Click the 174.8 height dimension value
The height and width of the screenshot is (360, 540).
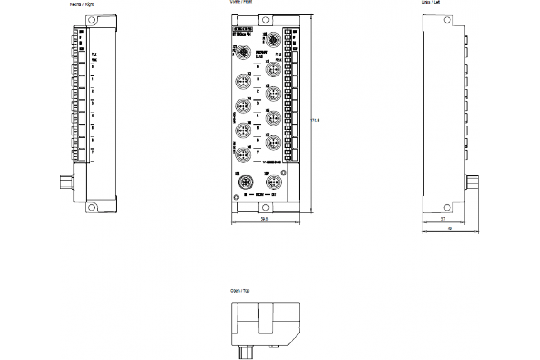tap(315, 120)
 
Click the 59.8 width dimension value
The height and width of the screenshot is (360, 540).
tap(265, 219)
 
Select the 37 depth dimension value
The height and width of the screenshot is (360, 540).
tap(443, 219)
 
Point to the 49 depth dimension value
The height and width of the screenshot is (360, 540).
tap(450, 229)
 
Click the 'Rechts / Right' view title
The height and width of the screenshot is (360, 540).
tap(81, 4)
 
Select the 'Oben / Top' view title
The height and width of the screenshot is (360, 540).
tap(239, 291)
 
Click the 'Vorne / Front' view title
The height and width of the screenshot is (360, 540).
tap(241, 2)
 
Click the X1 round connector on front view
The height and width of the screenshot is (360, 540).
tap(272, 69)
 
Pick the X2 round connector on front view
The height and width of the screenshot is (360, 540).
tap(243, 82)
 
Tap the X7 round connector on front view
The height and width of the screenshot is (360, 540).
tap(272, 143)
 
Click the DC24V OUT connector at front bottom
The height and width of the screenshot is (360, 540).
tap(272, 182)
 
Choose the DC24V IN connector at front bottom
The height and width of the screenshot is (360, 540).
tap(243, 182)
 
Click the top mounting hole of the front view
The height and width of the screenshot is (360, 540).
tap(265, 20)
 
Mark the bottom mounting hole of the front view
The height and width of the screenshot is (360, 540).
tap(265, 207)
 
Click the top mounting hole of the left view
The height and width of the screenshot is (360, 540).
tap(447, 20)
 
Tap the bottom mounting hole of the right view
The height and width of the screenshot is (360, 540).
tap(92, 207)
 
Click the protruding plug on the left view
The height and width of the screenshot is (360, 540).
tap(473, 182)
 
